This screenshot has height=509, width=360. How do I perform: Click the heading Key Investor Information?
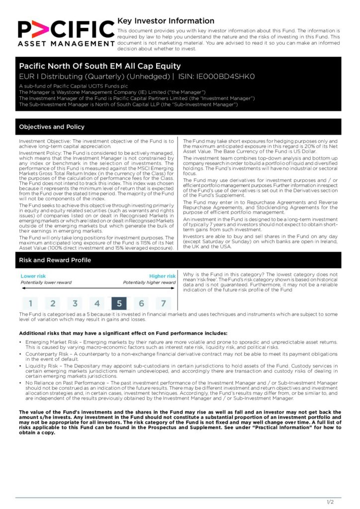166,21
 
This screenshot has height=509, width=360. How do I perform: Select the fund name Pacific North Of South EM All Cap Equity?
100,66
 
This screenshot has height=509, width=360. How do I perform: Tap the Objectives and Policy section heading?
52,127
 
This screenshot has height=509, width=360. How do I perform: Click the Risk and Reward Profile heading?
55,260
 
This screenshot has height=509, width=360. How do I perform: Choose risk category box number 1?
30,303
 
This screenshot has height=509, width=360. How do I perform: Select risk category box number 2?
53,303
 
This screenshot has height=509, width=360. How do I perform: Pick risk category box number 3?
75,303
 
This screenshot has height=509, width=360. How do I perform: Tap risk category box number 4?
97,303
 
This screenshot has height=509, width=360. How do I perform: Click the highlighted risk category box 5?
119,303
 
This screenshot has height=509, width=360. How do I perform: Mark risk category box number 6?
141,303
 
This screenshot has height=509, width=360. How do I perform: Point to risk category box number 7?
163,303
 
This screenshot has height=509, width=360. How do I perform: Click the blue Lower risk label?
33,276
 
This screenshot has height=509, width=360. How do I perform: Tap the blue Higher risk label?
162,276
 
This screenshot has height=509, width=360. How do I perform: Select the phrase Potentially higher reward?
149,283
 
